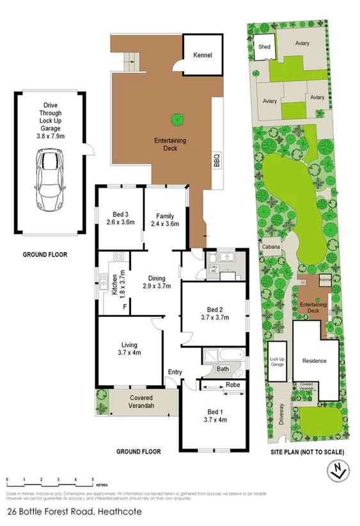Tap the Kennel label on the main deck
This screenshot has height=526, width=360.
pyautogui.click(x=203, y=56)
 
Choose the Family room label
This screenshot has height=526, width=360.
pyautogui.click(x=164, y=216)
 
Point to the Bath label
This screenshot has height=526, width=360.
pyautogui.click(x=223, y=369)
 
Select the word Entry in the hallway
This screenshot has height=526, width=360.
pyautogui.click(x=175, y=372)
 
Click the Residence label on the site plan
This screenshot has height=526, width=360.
pyautogui.click(x=314, y=360)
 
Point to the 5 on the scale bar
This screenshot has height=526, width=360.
pyautogui.click(x=93, y=479)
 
